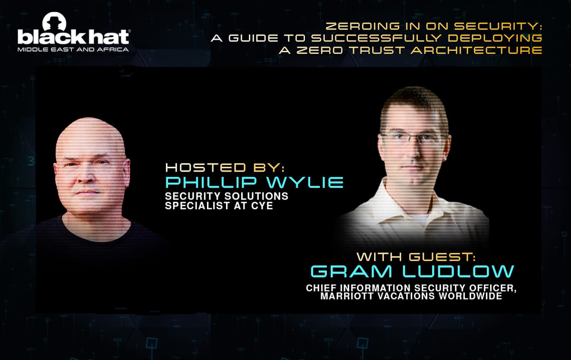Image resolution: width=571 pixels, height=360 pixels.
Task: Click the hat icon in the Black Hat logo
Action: click(54, 22)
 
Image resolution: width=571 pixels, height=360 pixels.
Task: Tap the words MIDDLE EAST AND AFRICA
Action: click(73, 49)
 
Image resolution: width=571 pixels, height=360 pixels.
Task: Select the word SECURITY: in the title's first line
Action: click(498, 26)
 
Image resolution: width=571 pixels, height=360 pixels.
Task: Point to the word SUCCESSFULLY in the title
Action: click(376, 38)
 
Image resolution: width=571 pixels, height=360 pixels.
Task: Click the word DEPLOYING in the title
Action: click(495, 38)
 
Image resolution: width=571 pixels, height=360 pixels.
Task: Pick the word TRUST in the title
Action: click(377, 50)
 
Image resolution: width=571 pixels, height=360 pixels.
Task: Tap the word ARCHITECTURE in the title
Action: click(476, 50)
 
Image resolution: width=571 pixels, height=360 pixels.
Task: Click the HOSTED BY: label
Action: click(225, 168)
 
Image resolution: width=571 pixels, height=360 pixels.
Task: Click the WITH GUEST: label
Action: click(416, 257)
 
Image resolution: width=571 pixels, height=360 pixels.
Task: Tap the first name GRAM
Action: click(351, 272)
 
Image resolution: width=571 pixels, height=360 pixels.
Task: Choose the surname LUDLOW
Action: click(458, 272)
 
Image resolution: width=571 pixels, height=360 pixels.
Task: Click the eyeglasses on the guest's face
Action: click(414, 137)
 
